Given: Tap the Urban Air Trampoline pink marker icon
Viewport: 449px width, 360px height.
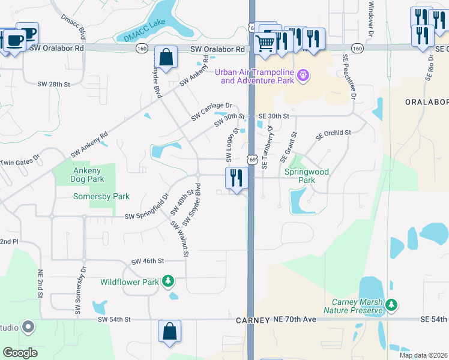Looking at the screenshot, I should (304, 76).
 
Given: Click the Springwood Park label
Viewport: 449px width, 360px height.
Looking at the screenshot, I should (307, 176).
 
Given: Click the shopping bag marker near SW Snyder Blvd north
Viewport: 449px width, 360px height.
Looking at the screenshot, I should (166, 58).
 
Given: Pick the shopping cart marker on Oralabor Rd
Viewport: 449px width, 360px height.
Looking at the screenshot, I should (265, 42).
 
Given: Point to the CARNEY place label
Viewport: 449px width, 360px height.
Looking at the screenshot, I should (252, 320).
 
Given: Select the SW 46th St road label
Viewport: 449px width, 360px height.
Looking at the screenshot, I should (148, 261).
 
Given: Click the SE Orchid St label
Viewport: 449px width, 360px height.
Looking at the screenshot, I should (333, 133).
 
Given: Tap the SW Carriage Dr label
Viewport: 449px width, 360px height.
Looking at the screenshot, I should (211, 112).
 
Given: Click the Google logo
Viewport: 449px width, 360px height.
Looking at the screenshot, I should (20, 352).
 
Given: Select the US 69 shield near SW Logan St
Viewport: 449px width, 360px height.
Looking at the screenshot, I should (252, 160).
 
